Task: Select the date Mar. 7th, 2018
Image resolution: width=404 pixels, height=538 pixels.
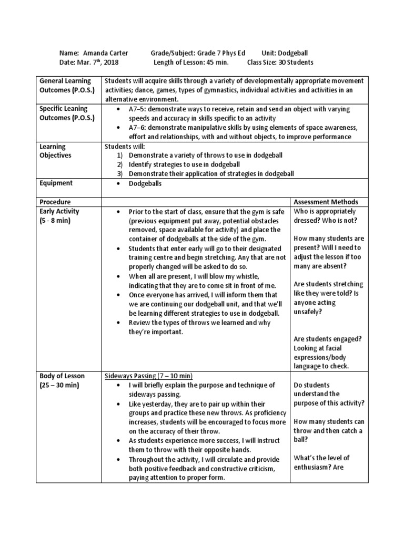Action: (x=99, y=62)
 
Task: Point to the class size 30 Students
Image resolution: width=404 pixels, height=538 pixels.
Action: (x=296, y=62)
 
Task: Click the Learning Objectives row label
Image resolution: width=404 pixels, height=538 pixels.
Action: (x=55, y=151)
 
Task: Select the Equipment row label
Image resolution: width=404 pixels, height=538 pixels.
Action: (x=56, y=183)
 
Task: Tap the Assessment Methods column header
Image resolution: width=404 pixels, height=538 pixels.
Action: (x=326, y=202)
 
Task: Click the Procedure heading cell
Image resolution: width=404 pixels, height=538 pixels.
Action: (x=55, y=202)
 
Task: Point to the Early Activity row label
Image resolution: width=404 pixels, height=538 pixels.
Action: (x=58, y=211)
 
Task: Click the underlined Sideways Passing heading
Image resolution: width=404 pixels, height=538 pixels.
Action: (x=148, y=376)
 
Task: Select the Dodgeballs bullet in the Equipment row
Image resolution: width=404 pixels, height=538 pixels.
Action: (x=145, y=183)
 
